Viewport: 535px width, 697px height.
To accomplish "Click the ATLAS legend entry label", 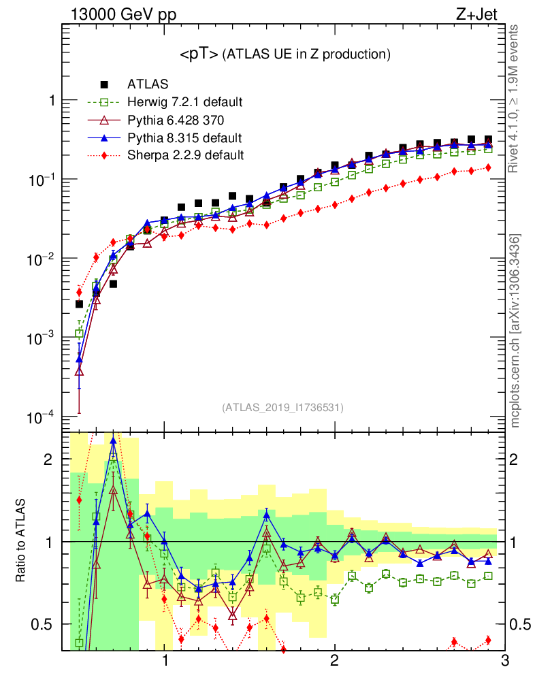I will point(148,85).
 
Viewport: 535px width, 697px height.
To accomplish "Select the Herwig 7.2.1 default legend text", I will point(185,103).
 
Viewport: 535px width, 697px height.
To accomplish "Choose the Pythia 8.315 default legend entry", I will point(184,138).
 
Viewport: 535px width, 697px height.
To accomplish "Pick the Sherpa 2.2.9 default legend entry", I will point(185,155).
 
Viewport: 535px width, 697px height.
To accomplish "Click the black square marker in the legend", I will point(104,85).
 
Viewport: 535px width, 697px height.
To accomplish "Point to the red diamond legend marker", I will point(104,155).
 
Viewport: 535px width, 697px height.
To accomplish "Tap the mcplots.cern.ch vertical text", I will point(516,331).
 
